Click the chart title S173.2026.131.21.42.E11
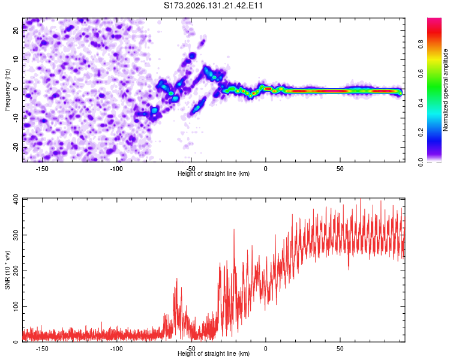click(213, 5)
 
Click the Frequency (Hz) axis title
click(7, 90)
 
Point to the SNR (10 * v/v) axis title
click(7, 270)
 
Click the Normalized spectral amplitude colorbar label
click(445, 90)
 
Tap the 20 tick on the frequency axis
click(16, 30)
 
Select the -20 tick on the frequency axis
click(16, 148)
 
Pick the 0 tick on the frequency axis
click(16, 89)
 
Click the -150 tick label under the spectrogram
click(42, 169)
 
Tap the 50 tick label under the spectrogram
click(340, 169)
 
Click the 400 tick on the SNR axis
click(16, 199)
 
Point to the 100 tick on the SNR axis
click(16, 307)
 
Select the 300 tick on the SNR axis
click(16, 235)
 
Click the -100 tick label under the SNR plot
click(116, 349)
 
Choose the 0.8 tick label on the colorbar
click(421, 44)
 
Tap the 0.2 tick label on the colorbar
click(421, 133)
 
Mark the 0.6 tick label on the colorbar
click(421, 74)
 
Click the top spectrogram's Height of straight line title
click(214, 173)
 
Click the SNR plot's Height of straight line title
click(214, 353)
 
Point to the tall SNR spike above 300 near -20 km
click(234, 230)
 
